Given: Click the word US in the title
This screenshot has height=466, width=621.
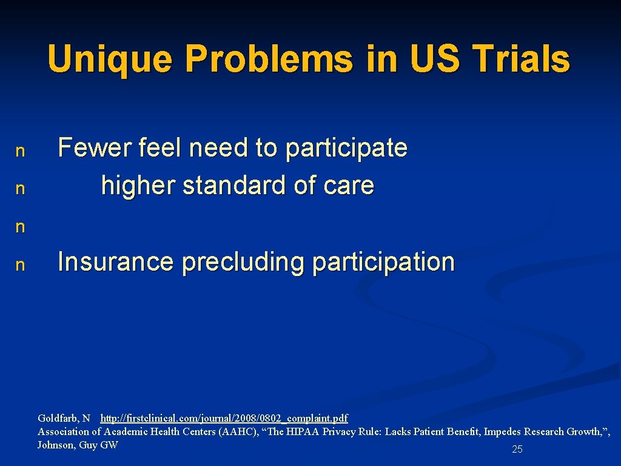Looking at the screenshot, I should coord(432,59).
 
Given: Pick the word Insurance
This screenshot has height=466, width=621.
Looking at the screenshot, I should coord(115,262).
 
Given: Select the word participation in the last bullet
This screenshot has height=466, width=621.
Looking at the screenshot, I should coord(383,263).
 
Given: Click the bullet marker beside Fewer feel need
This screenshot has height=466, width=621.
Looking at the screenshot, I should coord(20,151).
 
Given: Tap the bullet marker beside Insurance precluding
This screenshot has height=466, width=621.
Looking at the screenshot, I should coord(20,265).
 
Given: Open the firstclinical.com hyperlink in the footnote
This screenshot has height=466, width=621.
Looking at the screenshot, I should coord(224,418).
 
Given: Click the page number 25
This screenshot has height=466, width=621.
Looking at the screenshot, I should coord(517,450).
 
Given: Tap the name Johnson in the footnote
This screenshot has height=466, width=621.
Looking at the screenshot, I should coord(55,445).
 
